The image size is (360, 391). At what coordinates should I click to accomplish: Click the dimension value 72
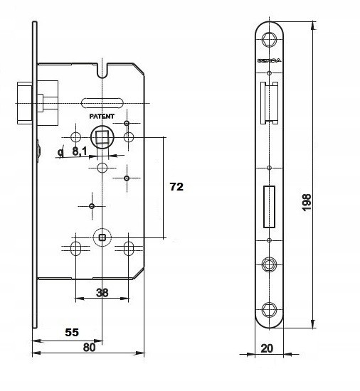click(x=176, y=187)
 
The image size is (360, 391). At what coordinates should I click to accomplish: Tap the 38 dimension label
click(x=102, y=293)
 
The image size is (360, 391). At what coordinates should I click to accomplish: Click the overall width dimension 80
click(x=89, y=348)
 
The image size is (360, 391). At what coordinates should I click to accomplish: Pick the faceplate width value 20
click(x=268, y=369)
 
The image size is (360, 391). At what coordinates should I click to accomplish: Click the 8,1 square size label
click(x=80, y=151)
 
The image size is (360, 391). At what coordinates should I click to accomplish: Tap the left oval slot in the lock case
click(x=76, y=248)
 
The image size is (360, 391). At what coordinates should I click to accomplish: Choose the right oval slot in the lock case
click(x=130, y=248)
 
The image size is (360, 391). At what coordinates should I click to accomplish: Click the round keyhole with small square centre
click(x=103, y=237)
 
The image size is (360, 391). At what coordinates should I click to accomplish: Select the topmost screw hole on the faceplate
click(x=269, y=40)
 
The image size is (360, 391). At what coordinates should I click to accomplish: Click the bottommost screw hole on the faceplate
click(x=269, y=309)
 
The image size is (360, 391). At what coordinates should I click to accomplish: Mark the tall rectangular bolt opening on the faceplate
click(x=269, y=207)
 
